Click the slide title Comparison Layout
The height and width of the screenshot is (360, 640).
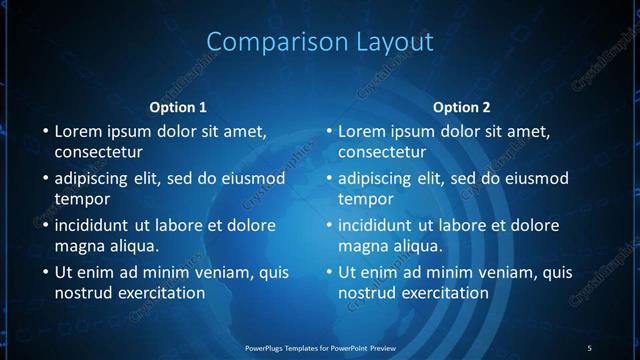coord(320,41)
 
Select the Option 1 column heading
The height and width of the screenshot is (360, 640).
coord(178,107)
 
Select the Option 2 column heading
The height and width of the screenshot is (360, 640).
coord(462,107)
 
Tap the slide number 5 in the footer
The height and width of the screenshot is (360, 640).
coord(589,347)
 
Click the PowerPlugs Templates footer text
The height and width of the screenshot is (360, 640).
coord(320,347)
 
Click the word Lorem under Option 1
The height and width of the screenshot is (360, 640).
coord(79,131)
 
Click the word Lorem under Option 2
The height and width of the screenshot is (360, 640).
coord(363,131)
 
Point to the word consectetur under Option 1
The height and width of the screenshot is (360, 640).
coord(98,152)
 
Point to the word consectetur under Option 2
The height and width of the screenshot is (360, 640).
coord(382,152)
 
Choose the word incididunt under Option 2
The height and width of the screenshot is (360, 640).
coord(379,225)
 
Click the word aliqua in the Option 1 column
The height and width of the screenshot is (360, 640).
coord(136,245)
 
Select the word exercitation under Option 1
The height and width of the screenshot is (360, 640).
coord(161,293)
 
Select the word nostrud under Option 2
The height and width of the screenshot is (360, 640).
coord(368,293)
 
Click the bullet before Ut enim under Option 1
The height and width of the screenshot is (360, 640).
coord(45,272)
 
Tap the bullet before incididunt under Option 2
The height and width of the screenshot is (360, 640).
coord(329,225)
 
